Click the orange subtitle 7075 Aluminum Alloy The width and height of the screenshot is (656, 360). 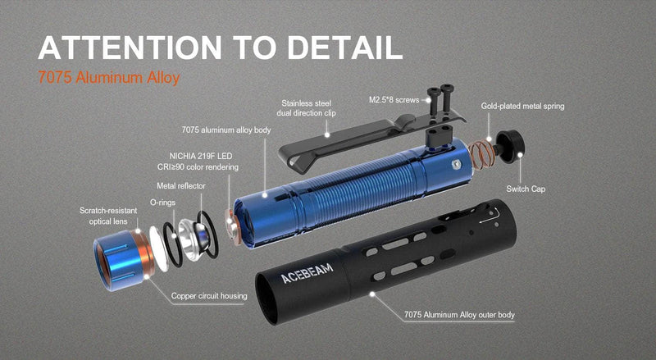(108, 80)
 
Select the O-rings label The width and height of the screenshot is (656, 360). (162, 202)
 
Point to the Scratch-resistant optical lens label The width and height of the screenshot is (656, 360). (108, 216)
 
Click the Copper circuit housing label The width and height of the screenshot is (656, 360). (209, 296)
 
